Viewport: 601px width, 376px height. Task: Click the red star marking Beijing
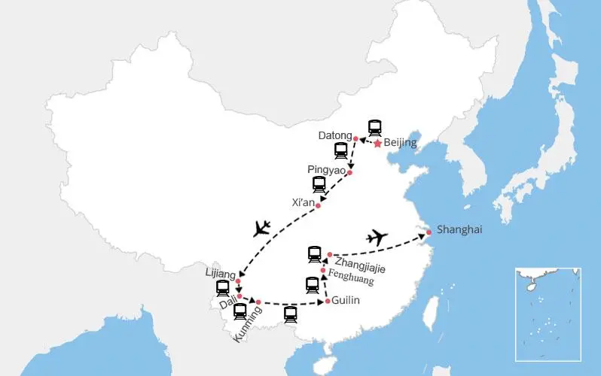377,143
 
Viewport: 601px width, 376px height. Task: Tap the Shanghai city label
459,229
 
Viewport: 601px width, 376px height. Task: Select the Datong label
335,135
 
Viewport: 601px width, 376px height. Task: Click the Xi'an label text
303,202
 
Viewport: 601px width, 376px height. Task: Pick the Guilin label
346,301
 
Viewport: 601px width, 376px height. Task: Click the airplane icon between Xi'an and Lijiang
262,227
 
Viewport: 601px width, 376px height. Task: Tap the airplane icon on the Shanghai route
377,238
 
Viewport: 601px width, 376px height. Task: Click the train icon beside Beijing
374,127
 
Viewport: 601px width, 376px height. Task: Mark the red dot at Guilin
328,302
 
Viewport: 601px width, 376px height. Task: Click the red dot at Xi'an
319,205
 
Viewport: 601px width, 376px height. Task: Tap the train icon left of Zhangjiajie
314,254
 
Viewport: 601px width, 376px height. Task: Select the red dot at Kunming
258,302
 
